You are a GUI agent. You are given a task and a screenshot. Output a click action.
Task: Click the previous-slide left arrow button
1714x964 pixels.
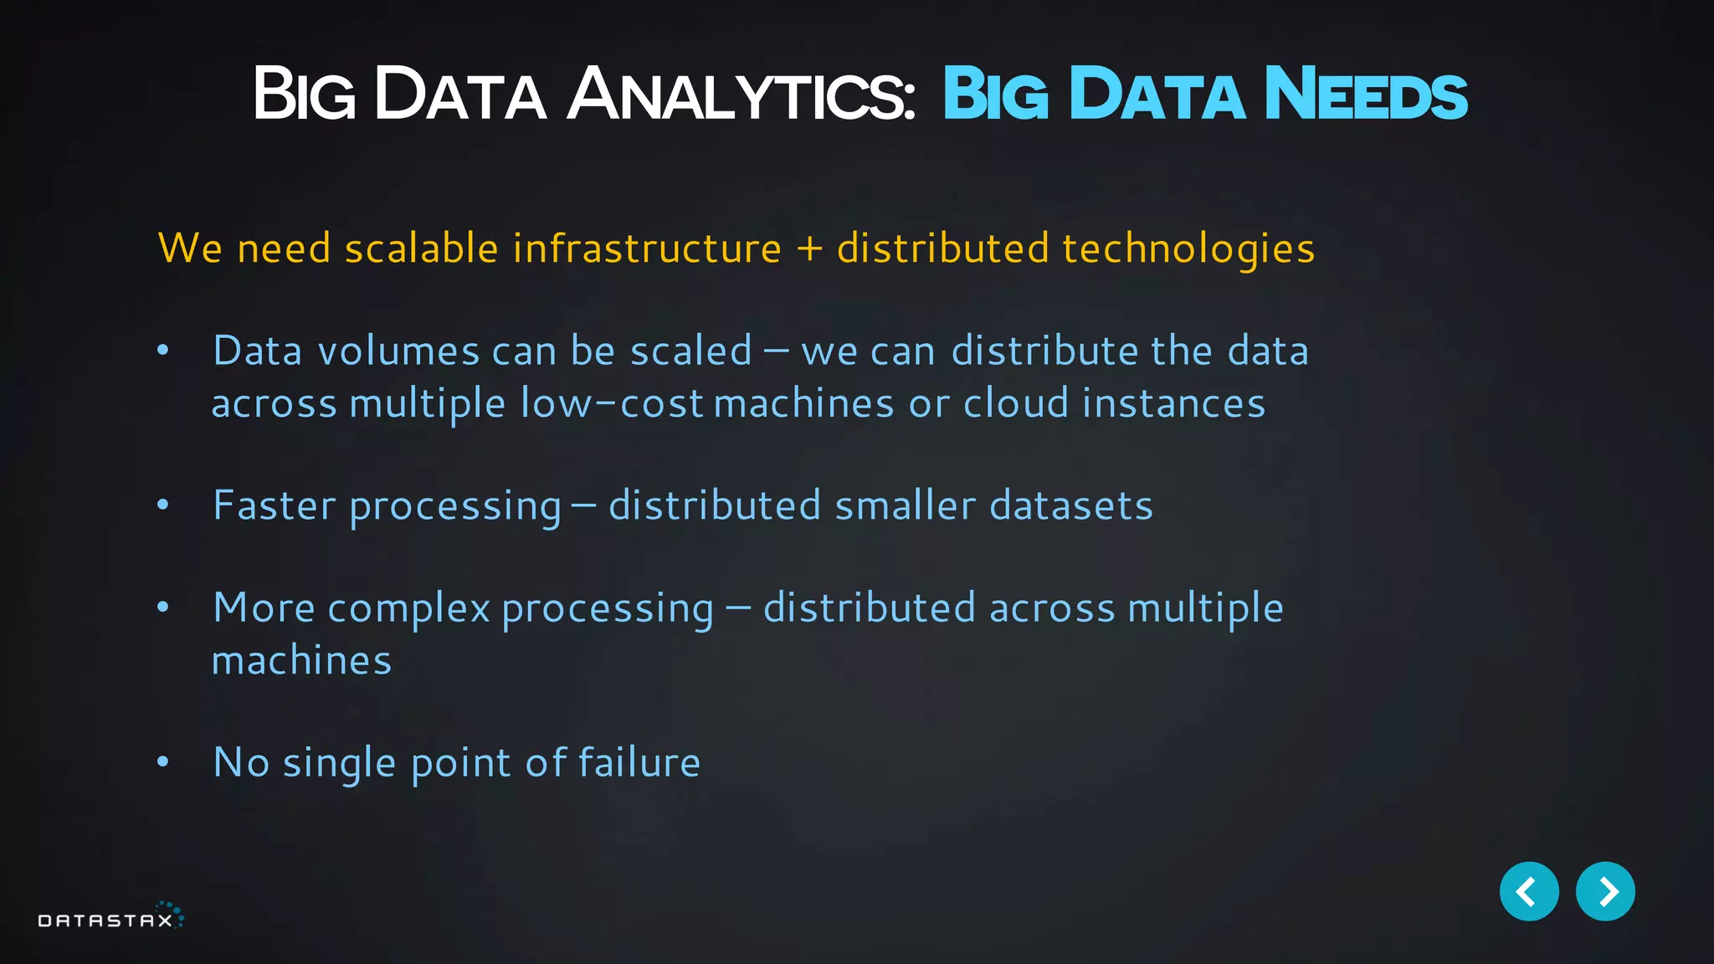pyautogui.click(x=1528, y=891)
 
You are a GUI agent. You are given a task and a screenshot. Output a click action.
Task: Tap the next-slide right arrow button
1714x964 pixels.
pyautogui.click(x=1605, y=891)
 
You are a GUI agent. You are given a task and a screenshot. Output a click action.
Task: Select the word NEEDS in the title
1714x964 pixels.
pyautogui.click(x=1366, y=95)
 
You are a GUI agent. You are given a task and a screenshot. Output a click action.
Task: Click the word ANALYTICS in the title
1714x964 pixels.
pyautogui.click(x=742, y=95)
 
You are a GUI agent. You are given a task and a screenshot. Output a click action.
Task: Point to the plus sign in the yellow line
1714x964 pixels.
pyautogui.click(x=808, y=249)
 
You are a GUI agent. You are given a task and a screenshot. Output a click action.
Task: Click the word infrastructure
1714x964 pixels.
pyautogui.click(x=647, y=249)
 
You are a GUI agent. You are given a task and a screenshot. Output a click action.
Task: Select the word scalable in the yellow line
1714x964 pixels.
pyautogui.click(x=422, y=249)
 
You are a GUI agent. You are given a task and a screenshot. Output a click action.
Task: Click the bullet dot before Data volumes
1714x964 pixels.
pyautogui.click(x=163, y=351)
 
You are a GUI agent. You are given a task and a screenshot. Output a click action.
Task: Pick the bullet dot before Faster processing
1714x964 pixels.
pyautogui.click(x=163, y=505)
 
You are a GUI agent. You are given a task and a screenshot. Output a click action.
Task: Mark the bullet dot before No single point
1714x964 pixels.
pyautogui.click(x=163, y=761)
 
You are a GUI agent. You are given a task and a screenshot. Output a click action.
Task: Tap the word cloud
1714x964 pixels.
pyautogui.click(x=1016, y=403)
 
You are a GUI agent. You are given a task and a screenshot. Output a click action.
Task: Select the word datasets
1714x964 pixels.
pyautogui.click(x=1071, y=506)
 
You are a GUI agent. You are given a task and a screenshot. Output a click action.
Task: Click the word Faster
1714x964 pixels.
pyautogui.click(x=275, y=506)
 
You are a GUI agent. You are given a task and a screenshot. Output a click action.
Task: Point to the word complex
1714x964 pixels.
pyautogui.click(x=408, y=609)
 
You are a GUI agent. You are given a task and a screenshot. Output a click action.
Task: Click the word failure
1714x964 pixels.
pyautogui.click(x=639, y=762)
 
